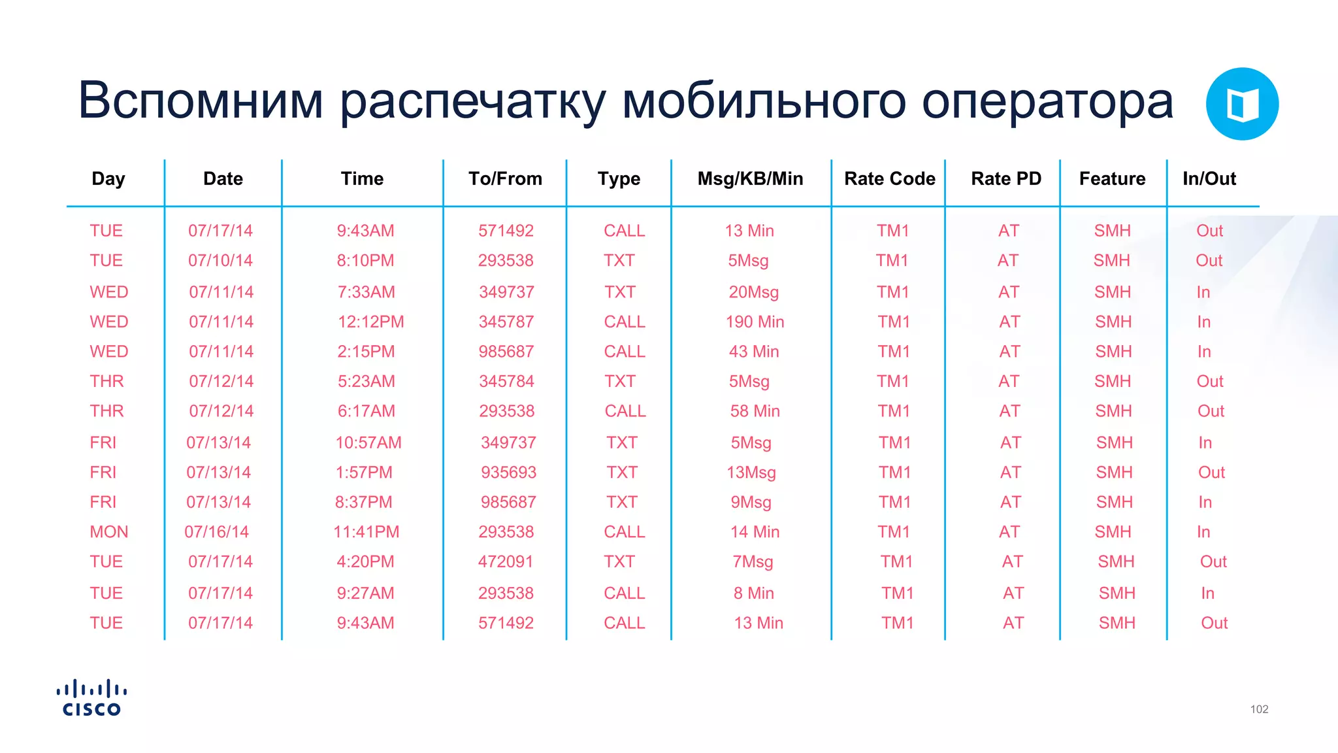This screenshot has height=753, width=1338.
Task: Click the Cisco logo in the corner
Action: [91, 697]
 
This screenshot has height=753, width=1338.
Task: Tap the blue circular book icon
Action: [1241, 104]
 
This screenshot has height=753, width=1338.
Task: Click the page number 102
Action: [1259, 709]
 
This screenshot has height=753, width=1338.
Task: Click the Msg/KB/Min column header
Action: [750, 179]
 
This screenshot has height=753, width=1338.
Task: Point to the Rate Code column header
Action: [889, 179]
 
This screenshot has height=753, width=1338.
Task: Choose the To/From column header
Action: [505, 179]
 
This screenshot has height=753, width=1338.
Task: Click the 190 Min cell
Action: [755, 322]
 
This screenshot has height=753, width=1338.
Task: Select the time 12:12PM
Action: [370, 322]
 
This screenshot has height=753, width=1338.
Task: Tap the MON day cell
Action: [108, 532]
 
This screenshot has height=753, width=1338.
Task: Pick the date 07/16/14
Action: [216, 532]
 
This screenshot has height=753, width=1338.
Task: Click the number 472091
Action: [505, 561]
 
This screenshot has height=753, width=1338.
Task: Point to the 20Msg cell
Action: [753, 292]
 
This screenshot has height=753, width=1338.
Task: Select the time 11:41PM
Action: [366, 532]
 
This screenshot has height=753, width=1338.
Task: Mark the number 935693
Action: [508, 473]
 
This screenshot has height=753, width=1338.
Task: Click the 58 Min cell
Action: [755, 411]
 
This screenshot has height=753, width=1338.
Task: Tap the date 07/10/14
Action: [220, 261]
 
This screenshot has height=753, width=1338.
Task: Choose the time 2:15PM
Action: [366, 352]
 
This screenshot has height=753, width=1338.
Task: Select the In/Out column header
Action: [1209, 179]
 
